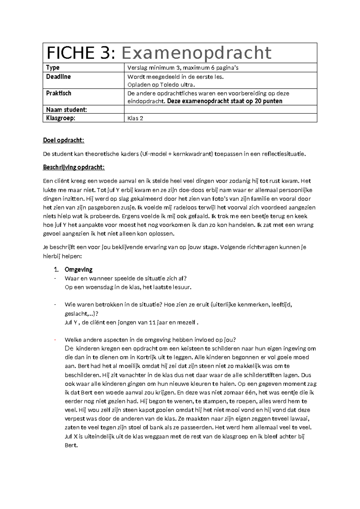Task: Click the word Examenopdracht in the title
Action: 196,53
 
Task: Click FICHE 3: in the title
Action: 81,53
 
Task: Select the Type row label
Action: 53,68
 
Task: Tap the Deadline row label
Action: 58,77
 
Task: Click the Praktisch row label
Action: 59,93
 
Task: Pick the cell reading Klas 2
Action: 135,118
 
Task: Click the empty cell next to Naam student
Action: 220,110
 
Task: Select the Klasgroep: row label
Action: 61,118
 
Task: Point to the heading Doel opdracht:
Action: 64,140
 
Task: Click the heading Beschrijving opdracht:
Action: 74,167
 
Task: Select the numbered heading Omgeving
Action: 79,270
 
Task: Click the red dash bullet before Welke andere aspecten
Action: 55,340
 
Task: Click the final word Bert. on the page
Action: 71,445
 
